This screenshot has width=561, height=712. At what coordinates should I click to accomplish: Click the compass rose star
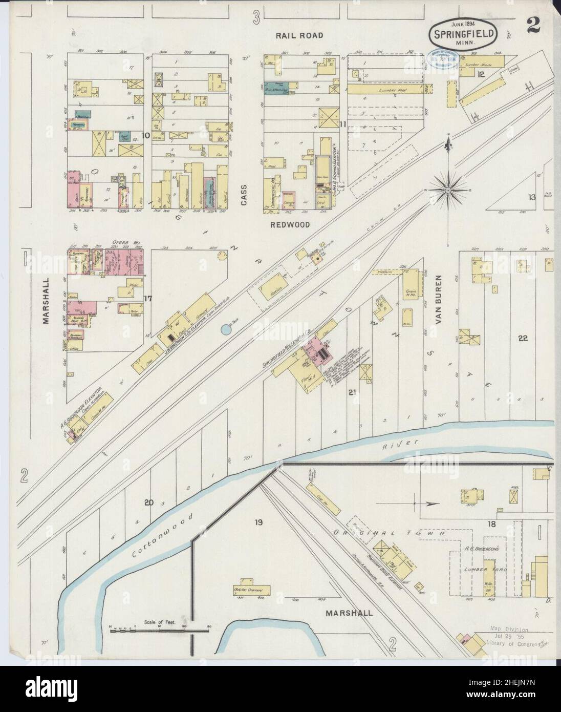tap(448, 191)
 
